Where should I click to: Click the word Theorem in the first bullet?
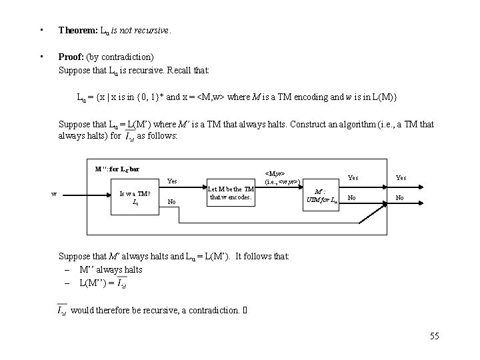tap(77, 30)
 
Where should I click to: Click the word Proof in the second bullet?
tap(71, 57)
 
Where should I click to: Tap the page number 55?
tap(435, 336)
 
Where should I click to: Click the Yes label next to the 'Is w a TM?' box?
tap(172, 180)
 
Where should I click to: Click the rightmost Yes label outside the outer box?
tap(401, 178)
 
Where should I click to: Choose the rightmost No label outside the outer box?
tap(400, 198)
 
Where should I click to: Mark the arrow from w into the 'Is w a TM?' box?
tap(87, 194)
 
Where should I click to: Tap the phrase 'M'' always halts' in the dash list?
tap(111, 269)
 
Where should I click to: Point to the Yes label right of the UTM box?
tap(353, 178)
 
